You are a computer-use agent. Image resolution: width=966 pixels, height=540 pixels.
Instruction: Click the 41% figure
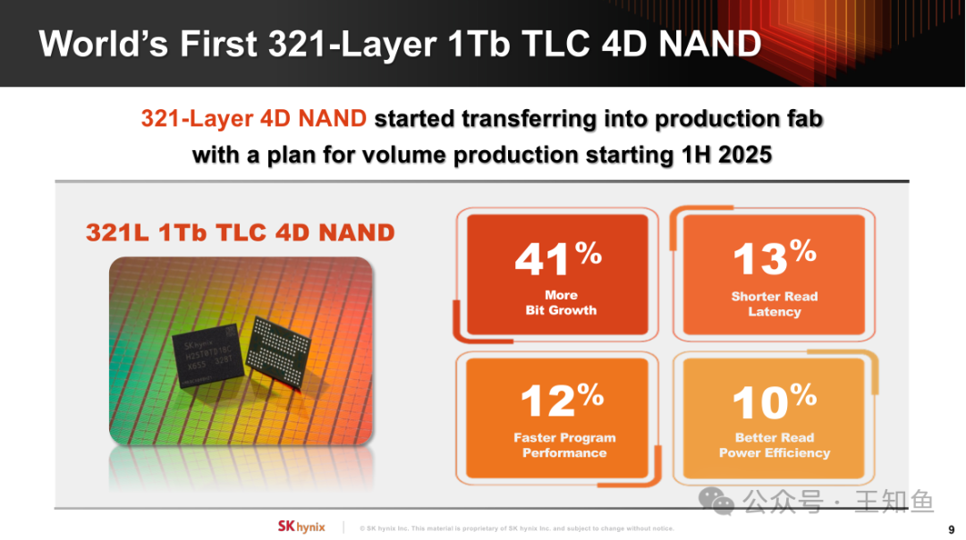[558, 257]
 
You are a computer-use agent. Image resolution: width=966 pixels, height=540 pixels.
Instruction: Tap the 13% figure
[775, 257]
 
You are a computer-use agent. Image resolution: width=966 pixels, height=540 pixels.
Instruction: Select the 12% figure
[562, 400]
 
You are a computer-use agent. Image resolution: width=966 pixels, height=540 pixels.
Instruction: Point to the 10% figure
[775, 401]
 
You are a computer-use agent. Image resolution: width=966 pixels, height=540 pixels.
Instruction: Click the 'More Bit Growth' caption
[561, 302]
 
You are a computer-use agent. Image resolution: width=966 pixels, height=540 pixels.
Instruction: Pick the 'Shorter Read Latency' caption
[775, 304]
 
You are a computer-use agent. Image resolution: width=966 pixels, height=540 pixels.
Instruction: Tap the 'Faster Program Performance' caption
[564, 445]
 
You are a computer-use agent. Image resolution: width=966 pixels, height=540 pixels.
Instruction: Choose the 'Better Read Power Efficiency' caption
[775, 445]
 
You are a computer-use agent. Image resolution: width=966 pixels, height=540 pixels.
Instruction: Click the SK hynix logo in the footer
[301, 527]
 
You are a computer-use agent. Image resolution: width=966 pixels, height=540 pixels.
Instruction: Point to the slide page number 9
[951, 529]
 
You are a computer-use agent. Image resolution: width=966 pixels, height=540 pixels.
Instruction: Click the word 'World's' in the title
[103, 45]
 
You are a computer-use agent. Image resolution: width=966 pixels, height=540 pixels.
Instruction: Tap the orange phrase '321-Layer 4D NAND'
[254, 118]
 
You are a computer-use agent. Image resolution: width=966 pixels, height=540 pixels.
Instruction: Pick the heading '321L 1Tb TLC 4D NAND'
[241, 232]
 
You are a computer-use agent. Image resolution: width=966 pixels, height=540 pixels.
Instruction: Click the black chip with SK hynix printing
[207, 357]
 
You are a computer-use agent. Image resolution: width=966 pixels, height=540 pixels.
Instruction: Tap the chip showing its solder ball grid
[278, 351]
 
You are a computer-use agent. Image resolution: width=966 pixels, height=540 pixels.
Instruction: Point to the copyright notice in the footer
[517, 528]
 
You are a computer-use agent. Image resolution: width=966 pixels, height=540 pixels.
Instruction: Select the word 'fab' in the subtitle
[805, 118]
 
